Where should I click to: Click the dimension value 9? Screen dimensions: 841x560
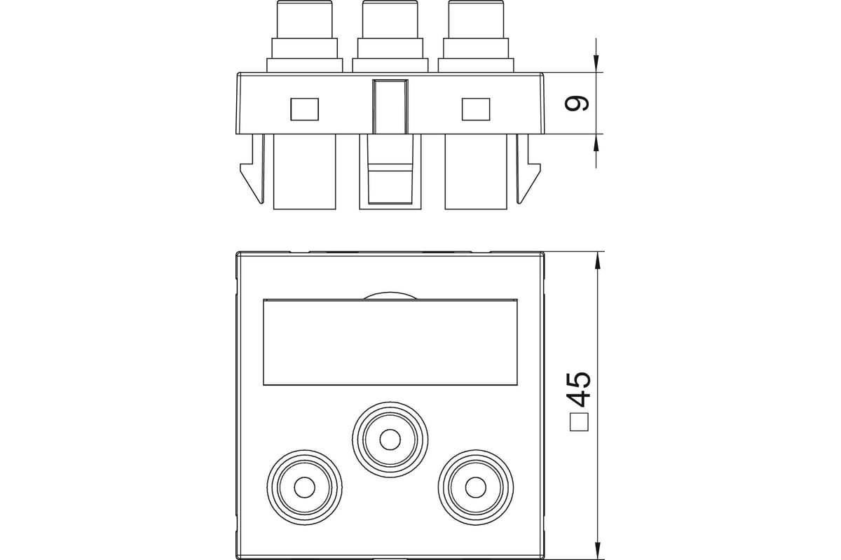576,103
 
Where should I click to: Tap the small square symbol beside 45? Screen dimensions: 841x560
579,422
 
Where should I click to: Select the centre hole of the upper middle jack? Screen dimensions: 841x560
390,439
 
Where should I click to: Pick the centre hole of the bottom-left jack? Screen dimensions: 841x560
304,487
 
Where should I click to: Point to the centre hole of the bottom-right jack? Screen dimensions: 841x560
476,487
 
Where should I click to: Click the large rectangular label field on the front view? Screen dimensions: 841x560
390,342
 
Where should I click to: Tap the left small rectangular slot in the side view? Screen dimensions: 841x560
304,109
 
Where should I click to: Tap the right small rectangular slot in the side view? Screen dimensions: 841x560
476,109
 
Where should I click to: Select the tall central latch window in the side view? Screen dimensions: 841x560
390,107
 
